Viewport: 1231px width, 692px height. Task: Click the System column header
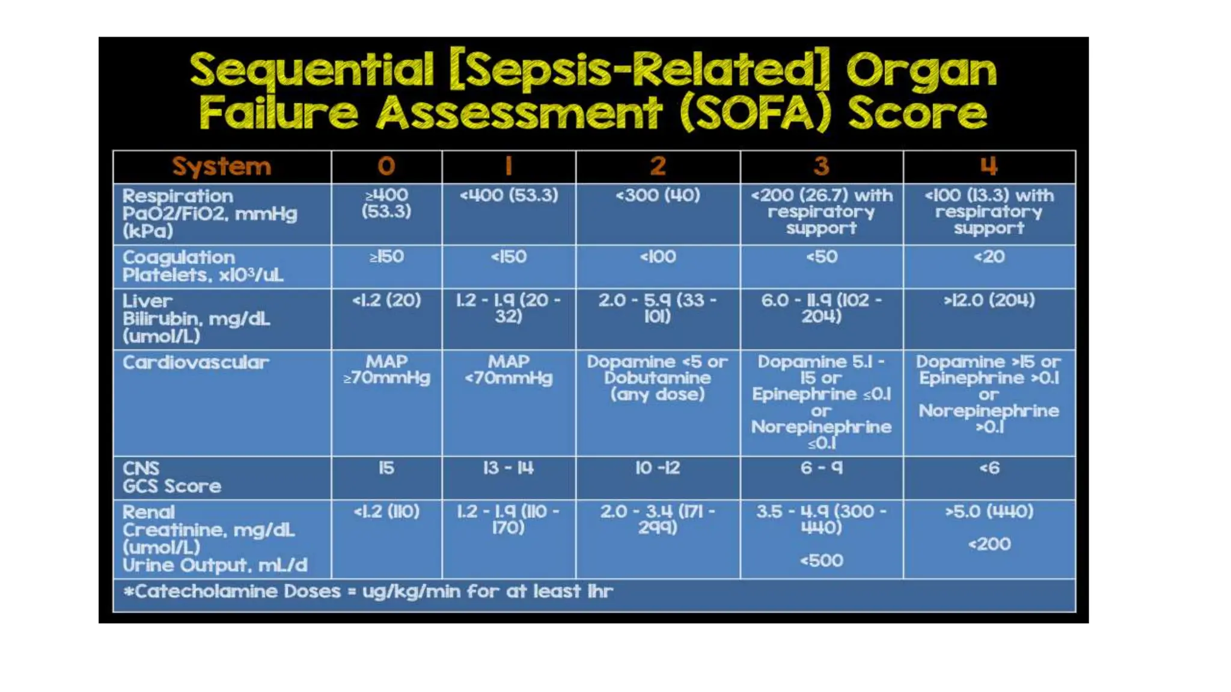tap(221, 166)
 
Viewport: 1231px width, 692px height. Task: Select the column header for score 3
tap(821, 166)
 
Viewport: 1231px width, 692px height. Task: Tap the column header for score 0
tap(386, 166)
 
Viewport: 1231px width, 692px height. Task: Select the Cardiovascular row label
tap(196, 362)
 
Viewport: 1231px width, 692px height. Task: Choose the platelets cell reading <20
tap(989, 257)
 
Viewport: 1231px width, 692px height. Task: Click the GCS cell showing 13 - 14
tap(508, 468)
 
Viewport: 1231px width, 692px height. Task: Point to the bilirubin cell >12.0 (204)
tap(989, 300)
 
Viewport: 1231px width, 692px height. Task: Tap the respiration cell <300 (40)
tap(657, 195)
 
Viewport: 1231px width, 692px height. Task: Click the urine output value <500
tap(821, 560)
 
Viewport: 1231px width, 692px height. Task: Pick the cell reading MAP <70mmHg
tap(508, 369)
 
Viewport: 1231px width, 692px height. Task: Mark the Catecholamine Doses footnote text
tap(368, 592)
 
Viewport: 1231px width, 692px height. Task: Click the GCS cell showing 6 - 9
tap(821, 468)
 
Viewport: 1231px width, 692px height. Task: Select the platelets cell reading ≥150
tap(386, 257)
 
